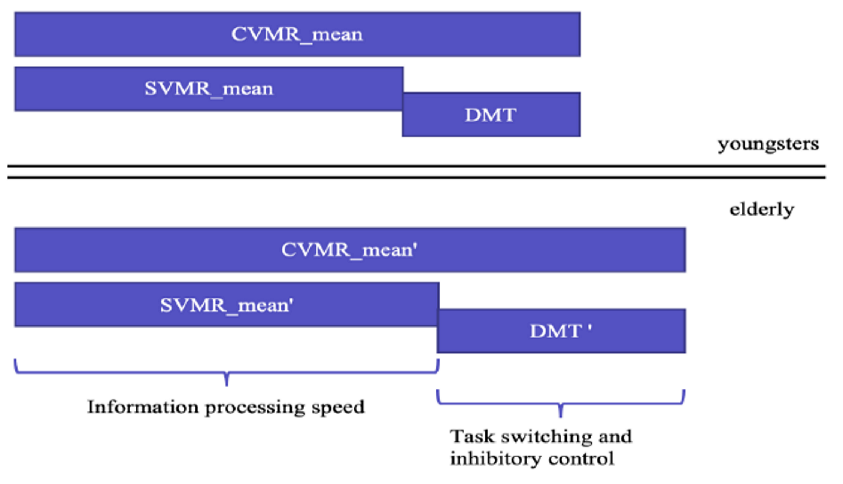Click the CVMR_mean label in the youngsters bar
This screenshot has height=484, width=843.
pyautogui.click(x=297, y=35)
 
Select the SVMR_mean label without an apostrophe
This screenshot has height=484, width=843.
pyautogui.click(x=209, y=89)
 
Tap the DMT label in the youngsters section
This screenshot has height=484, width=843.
pyautogui.click(x=491, y=115)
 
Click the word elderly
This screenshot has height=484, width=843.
pyautogui.click(x=762, y=210)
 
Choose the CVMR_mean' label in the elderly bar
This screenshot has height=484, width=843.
pyautogui.click(x=349, y=250)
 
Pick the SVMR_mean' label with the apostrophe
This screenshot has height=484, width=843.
pyautogui.click(x=227, y=305)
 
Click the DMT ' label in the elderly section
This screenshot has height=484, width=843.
pyautogui.click(x=561, y=331)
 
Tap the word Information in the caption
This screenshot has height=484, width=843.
pyautogui.click(x=143, y=407)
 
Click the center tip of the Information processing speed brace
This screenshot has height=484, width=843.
pyautogui.click(x=227, y=386)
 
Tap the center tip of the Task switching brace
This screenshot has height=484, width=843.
pyautogui.click(x=561, y=417)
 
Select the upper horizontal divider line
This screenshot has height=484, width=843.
pyautogui.click(x=416, y=166)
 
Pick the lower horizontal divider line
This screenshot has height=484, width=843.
pyautogui.click(x=416, y=177)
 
